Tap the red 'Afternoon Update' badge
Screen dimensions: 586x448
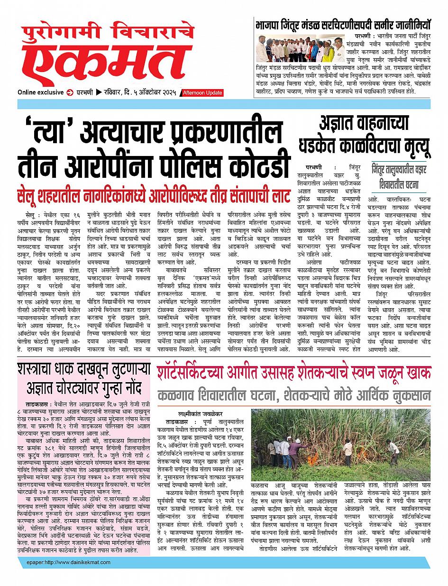coord(202,93)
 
